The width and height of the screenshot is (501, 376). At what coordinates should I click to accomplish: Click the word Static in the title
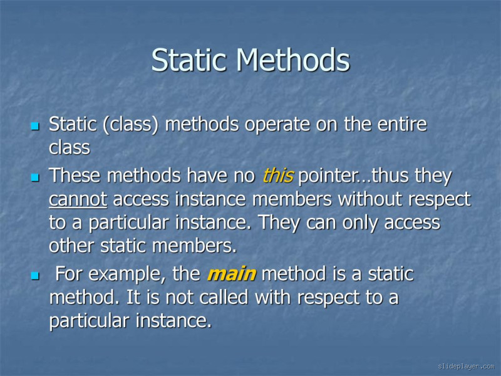(x=190, y=61)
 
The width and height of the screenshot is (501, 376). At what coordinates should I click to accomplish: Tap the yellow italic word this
(x=277, y=176)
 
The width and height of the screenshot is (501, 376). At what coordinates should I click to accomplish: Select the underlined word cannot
(x=78, y=199)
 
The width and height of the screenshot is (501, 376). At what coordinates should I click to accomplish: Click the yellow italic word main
(x=230, y=274)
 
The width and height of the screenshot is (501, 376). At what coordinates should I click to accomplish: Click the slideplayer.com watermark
(x=466, y=366)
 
